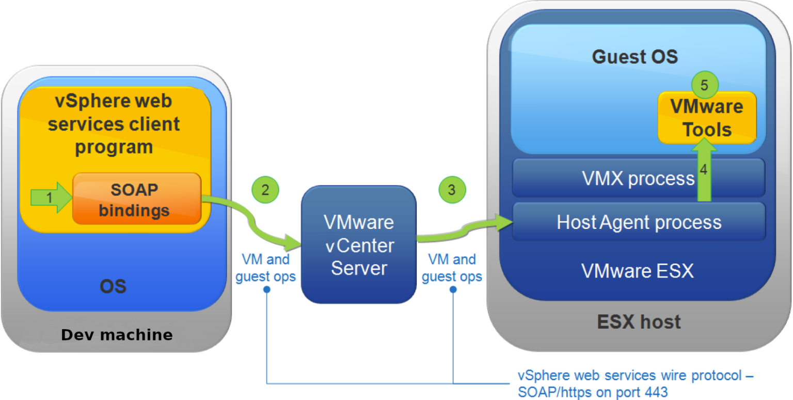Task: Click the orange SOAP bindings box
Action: (136, 199)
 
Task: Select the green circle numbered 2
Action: (265, 190)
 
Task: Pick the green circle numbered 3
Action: (452, 190)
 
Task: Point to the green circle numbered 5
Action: (705, 85)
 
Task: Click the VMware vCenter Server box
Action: (358, 245)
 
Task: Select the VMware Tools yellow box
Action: (706, 118)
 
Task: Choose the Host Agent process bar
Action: (639, 222)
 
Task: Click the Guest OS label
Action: (635, 56)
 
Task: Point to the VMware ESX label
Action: (637, 271)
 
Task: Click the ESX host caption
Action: (639, 322)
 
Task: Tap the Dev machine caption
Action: (117, 335)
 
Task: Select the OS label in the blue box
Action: (113, 286)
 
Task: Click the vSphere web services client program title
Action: (114, 124)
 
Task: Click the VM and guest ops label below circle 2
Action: (265, 268)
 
